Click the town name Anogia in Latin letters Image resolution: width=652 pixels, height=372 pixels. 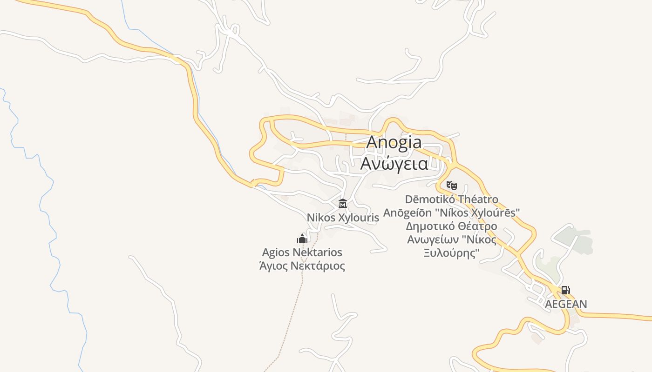point(394,142)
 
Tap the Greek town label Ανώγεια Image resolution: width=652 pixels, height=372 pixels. point(394,164)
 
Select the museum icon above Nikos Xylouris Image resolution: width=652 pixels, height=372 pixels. point(343,203)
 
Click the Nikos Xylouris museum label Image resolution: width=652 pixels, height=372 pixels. point(343,218)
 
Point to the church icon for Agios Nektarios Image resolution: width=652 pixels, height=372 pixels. point(302,239)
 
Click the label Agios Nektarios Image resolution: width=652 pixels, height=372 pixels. point(302,252)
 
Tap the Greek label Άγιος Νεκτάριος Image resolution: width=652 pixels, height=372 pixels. point(302,266)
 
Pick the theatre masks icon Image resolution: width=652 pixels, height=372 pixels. point(451,185)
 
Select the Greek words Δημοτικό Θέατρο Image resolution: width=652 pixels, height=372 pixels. point(451,226)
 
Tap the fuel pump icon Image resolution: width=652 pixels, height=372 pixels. point(565,290)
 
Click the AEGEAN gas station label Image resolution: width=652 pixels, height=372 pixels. point(566,304)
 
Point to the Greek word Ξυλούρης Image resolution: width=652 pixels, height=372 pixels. point(451,253)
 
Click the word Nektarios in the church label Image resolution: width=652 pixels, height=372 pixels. point(318,252)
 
